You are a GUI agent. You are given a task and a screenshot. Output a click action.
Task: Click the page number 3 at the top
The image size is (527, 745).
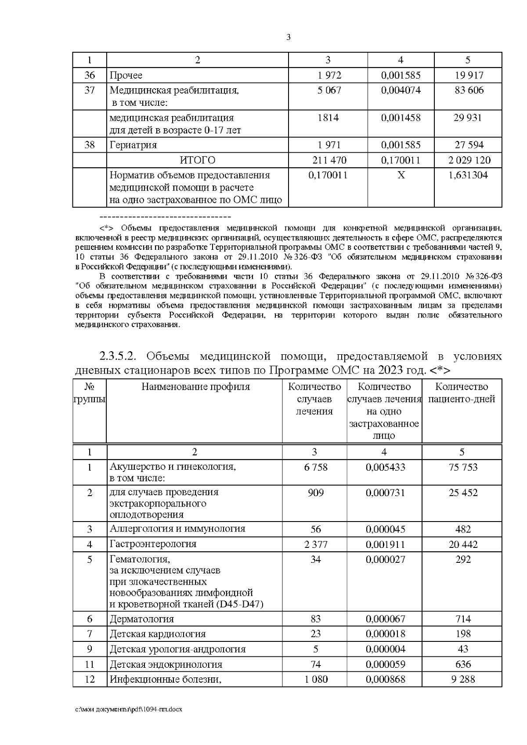pyautogui.click(x=289, y=37)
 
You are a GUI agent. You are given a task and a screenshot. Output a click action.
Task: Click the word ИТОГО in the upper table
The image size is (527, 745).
pyautogui.click(x=198, y=160)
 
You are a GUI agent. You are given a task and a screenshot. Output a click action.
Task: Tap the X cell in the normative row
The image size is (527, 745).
pyautogui.click(x=401, y=176)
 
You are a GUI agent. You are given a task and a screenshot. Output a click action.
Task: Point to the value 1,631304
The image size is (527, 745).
pyautogui.click(x=468, y=176)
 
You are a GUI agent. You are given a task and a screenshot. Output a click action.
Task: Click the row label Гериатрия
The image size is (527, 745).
pyautogui.click(x=133, y=145)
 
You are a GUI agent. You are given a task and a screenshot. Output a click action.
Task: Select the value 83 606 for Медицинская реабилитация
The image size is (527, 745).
pyautogui.click(x=468, y=90)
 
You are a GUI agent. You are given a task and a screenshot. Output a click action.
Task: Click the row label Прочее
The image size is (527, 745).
pyautogui.click(x=126, y=76)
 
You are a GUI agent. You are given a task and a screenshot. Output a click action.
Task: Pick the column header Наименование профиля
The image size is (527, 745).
pyautogui.click(x=195, y=387)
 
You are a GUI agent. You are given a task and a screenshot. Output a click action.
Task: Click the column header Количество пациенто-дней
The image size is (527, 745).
pyautogui.click(x=462, y=393)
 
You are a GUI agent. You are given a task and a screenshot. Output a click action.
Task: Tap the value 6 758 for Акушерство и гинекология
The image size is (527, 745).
pyautogui.click(x=315, y=467)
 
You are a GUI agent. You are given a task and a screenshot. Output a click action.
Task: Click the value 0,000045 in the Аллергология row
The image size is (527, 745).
pyautogui.click(x=385, y=529)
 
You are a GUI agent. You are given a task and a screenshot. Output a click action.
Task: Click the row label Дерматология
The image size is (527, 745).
pyautogui.click(x=142, y=619)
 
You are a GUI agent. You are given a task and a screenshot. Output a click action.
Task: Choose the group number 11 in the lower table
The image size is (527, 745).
pyautogui.click(x=90, y=665)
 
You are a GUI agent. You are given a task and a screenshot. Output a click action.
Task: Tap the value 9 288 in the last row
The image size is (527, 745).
pyautogui.click(x=463, y=680)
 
